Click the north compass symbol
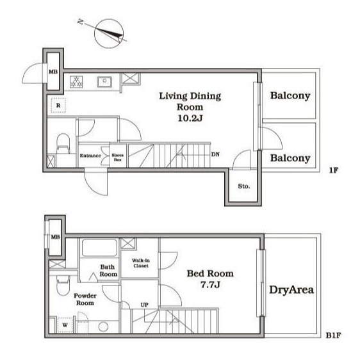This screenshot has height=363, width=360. coord(109,34)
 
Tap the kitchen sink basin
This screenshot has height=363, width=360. coord(104,82)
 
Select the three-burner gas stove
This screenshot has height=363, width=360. coord(76,82)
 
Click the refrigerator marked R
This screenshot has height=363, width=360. coord(58,106)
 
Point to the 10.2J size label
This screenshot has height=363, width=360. coord(190,118)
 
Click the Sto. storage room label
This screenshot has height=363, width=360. coord(243,186)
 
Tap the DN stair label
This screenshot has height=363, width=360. coord(215,154)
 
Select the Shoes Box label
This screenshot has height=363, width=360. coord(118,157)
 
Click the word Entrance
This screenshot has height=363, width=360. coord(90,156)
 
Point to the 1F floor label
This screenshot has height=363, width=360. coord(334,170)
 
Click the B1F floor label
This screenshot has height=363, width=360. coord(333,335)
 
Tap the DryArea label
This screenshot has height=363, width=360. coord(291,290)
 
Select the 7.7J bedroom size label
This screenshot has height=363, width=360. coord(210,284)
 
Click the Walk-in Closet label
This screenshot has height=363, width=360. coord(141,263)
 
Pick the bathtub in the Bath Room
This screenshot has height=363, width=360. coord(100,248)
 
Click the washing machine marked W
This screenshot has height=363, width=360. coord(65,325)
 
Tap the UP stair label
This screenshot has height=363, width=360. coord(145,305)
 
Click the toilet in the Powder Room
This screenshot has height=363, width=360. coord(63,286)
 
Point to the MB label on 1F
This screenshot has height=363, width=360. coord(53,72)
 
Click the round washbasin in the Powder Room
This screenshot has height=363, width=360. coord(103,327)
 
